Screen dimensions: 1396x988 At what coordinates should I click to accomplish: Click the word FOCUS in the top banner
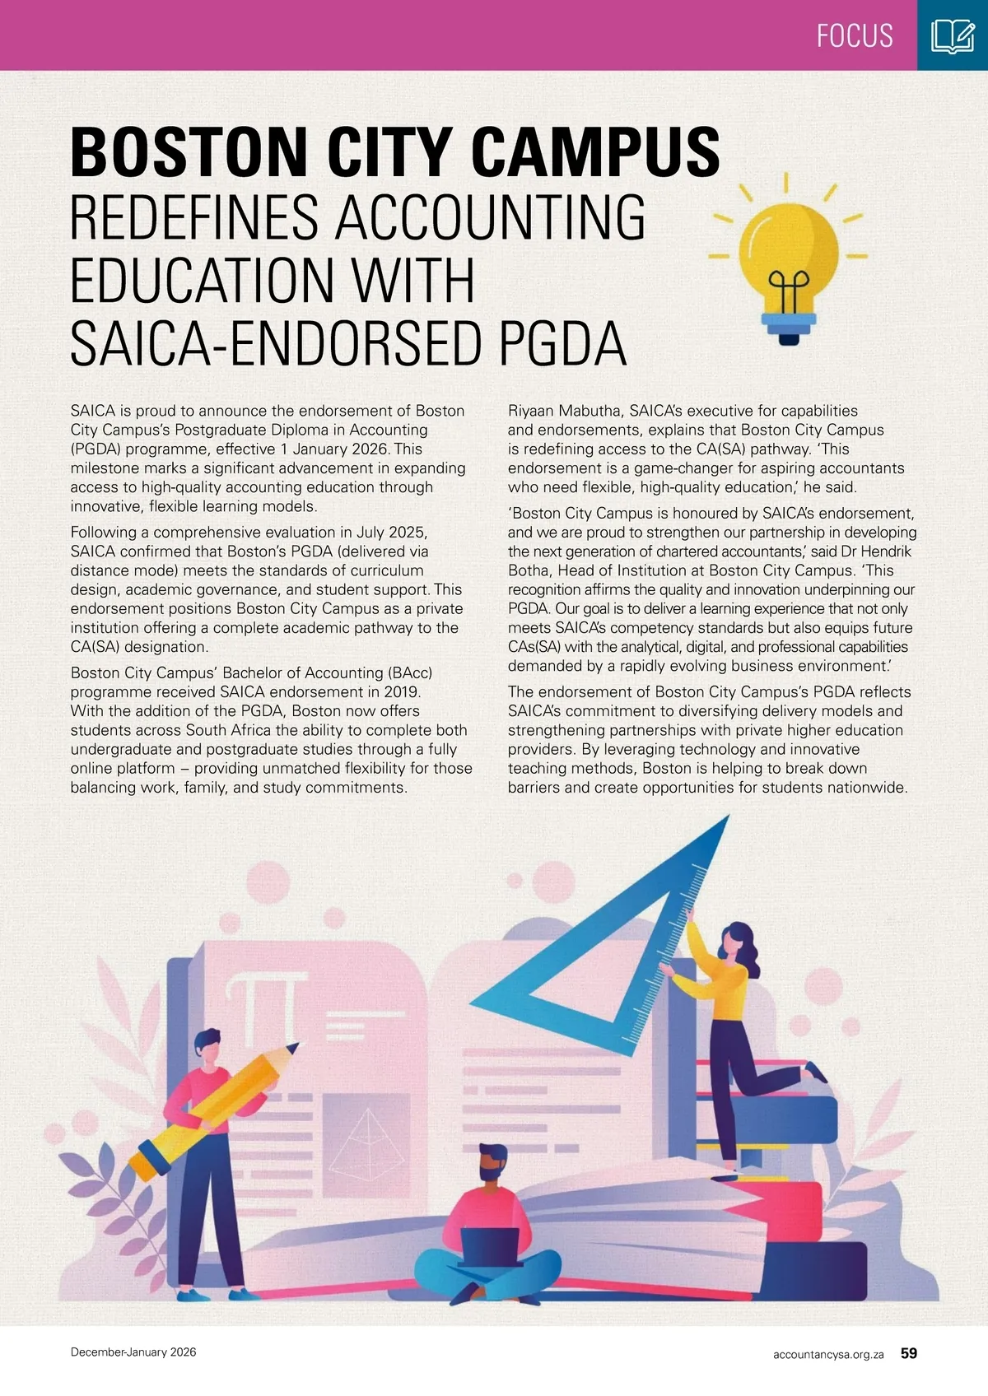(x=855, y=35)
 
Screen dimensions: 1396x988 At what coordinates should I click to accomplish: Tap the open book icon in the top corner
(x=953, y=36)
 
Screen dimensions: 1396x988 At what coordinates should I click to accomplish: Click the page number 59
(x=909, y=1352)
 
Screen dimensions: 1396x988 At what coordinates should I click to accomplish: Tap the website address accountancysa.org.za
(x=828, y=1353)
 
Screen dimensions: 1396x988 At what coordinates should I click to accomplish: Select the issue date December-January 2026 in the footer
(x=133, y=1352)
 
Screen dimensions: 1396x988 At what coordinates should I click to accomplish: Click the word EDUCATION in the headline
(x=273, y=281)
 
